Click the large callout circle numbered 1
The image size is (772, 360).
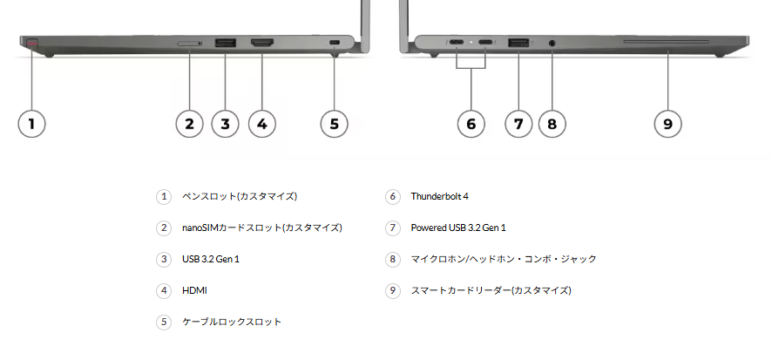pos(31,123)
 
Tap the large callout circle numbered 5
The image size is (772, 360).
pos(334,123)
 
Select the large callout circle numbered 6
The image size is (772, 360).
pos(471,123)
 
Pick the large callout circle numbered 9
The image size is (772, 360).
pos(667,123)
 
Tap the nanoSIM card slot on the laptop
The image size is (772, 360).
pos(189,42)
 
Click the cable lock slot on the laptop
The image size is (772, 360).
pos(335,43)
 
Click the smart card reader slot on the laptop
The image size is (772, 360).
pos(667,40)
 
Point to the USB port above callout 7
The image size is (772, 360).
pos(518,42)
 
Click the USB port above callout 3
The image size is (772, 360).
pos(225,42)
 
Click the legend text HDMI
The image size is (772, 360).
pos(195,290)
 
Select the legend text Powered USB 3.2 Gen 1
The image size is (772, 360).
pos(458,228)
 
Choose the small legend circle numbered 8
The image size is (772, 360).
pos(393,259)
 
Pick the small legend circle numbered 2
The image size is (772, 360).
pos(164,228)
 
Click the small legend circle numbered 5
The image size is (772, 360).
pos(164,322)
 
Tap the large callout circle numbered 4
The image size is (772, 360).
pos(261,123)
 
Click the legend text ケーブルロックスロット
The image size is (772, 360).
pos(232,322)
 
